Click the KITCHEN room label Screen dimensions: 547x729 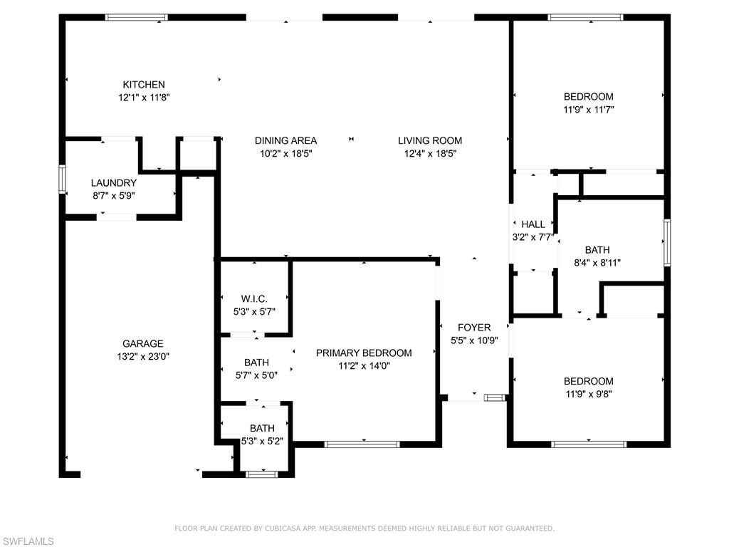144,84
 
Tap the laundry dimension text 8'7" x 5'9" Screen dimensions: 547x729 114,195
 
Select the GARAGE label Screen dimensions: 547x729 142,343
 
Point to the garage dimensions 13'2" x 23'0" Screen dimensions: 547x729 142,356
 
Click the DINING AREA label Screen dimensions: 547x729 285,140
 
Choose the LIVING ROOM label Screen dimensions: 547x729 429,140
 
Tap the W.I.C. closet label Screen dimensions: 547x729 254,298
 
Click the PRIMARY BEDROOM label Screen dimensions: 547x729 364,353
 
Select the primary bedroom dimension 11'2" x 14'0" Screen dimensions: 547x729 364,365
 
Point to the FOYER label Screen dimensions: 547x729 474,328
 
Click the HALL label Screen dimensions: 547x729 533,224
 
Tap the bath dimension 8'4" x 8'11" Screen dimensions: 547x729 597,262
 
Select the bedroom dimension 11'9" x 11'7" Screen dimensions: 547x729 588,110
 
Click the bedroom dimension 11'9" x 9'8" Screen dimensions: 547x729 588,394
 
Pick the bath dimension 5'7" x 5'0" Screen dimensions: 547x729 256,375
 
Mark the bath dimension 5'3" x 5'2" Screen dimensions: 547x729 262,441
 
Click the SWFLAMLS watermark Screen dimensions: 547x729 28,541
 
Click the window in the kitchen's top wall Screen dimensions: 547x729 137,17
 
